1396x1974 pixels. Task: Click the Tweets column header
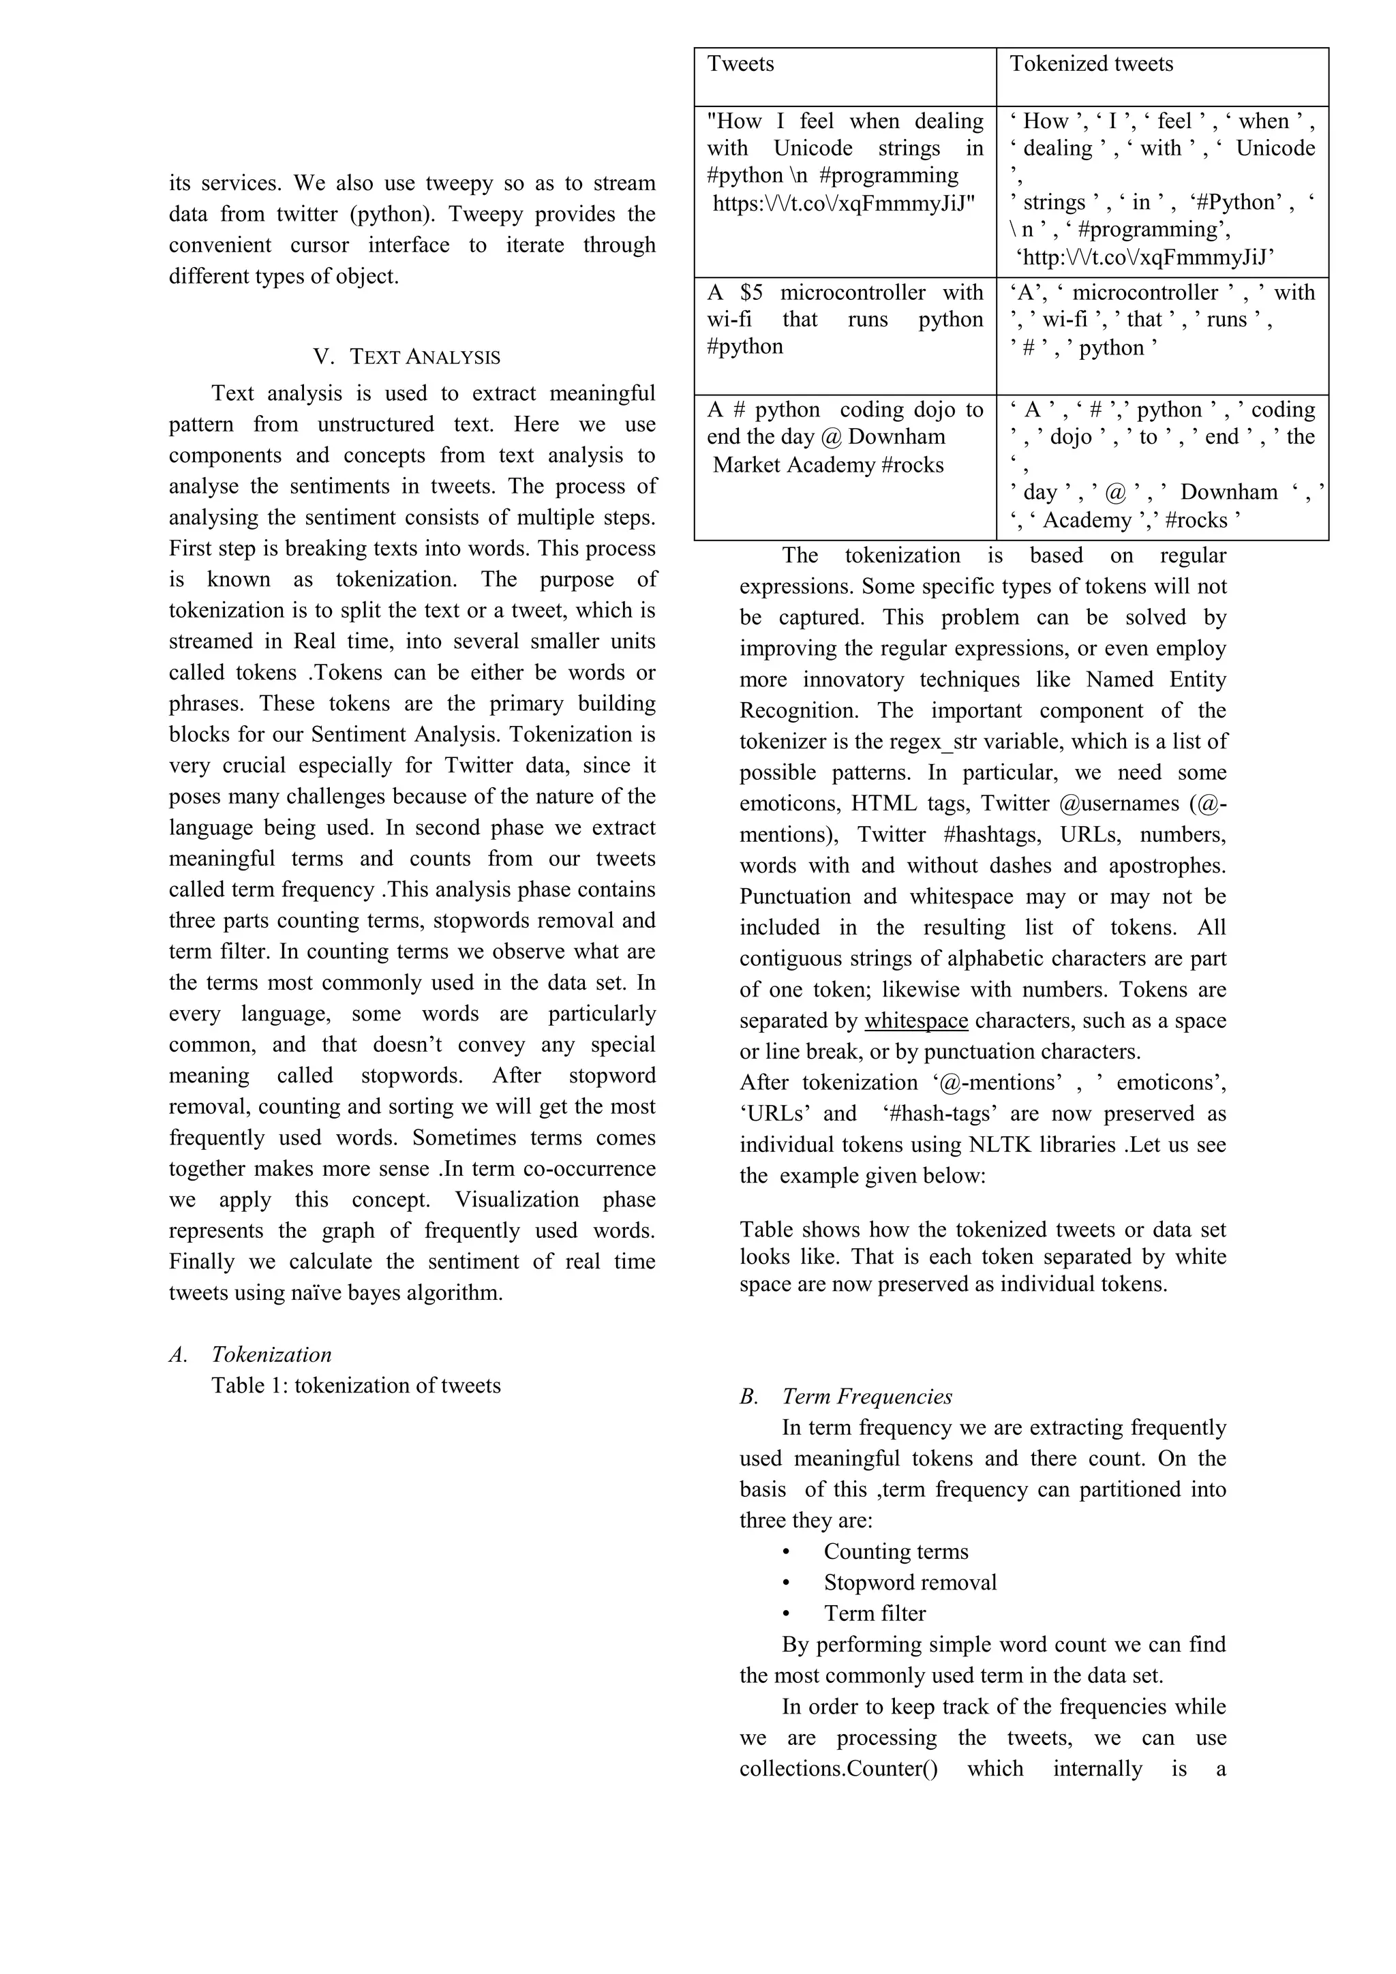pyautogui.click(x=740, y=63)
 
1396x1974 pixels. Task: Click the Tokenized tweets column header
pyautogui.click(x=1091, y=63)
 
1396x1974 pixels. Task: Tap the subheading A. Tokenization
pyautogui.click(x=250, y=1354)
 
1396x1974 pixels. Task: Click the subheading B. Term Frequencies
pyautogui.click(x=846, y=1396)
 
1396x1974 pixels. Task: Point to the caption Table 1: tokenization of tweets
pyautogui.click(x=356, y=1385)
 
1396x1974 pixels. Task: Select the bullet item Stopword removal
pyautogui.click(x=910, y=1582)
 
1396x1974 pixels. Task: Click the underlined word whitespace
pyautogui.click(x=916, y=1020)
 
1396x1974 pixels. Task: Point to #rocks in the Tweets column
pyautogui.click(x=913, y=465)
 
